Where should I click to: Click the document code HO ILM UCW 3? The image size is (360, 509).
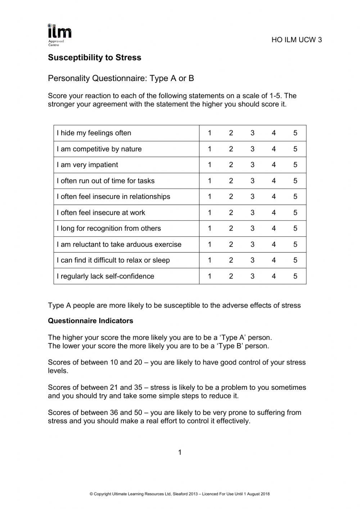pos(297,40)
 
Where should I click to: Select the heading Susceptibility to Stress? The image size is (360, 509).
pos(94,58)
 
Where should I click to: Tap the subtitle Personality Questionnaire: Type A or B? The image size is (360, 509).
pos(121,78)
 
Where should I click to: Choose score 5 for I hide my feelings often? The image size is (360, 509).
pos(295,133)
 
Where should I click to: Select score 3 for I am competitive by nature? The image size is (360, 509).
pos(252,149)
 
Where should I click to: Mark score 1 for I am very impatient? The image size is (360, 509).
pos(210,165)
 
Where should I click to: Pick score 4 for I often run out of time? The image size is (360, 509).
pos(274,181)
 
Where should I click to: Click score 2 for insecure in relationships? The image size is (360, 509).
pos(231,197)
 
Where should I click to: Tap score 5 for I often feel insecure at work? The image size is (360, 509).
pos(295,213)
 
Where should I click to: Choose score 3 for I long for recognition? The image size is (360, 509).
pos(252,228)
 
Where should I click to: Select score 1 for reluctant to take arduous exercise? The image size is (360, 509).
pos(210,245)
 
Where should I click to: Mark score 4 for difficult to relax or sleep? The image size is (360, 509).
pos(274,260)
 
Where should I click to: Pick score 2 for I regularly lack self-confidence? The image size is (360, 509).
pos(231,276)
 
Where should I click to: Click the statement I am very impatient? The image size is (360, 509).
pos(87,165)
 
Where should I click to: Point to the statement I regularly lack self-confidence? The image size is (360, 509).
pos(105,276)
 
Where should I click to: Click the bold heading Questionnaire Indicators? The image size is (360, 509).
pos(90,321)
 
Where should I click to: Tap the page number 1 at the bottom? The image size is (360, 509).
pos(180,452)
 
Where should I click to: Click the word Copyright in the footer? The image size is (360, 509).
pos(103,494)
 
